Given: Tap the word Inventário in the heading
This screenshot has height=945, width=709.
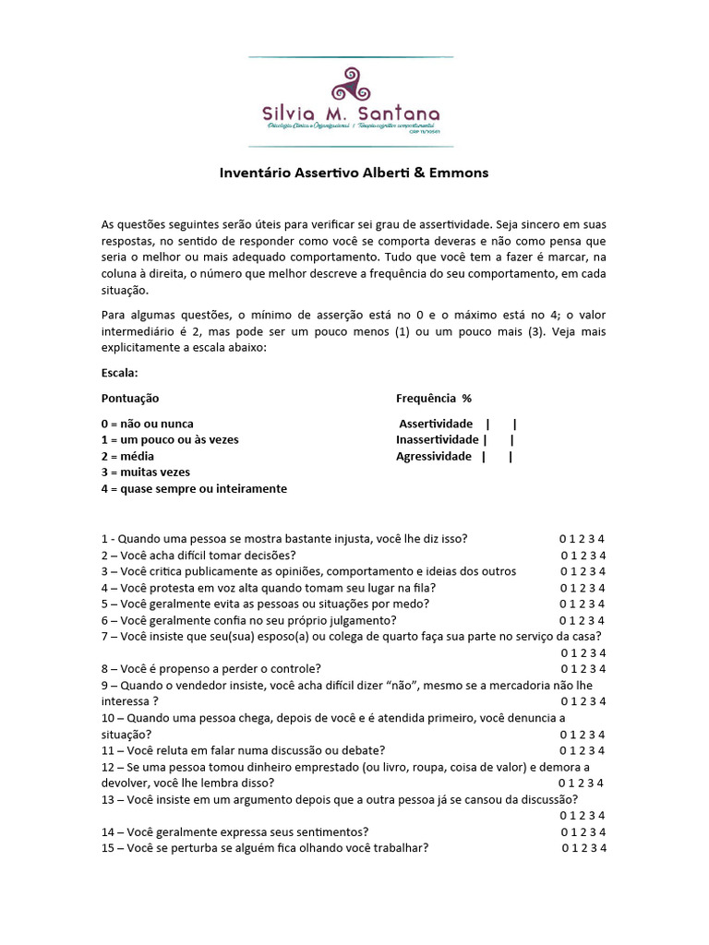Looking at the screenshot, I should (x=251, y=173).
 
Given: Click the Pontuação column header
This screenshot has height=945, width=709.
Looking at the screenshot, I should (x=130, y=398).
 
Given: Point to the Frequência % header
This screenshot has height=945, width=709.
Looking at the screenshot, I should (x=434, y=398).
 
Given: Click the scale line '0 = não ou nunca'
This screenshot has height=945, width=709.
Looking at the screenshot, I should (x=148, y=424).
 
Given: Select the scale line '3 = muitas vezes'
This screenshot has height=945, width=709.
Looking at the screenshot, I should (x=145, y=472).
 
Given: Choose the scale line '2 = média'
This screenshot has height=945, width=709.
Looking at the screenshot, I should (x=127, y=456).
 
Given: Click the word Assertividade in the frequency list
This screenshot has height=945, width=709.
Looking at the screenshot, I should (x=436, y=424).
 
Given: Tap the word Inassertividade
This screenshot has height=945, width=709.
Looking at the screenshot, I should (x=438, y=439).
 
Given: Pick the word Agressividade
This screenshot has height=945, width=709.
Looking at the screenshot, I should (x=434, y=456).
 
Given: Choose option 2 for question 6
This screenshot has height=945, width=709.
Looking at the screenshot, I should (x=583, y=620).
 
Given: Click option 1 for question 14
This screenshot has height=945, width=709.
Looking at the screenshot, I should (x=574, y=831).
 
